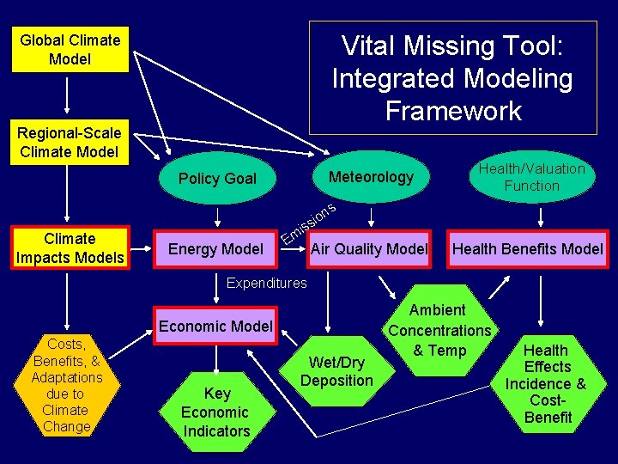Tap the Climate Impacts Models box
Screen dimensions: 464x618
pyautogui.click(x=70, y=247)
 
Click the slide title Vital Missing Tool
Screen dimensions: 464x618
pyautogui.click(x=452, y=77)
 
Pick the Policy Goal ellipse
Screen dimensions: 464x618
pyautogui.click(x=217, y=179)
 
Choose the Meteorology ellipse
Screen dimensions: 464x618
pyautogui.click(x=371, y=177)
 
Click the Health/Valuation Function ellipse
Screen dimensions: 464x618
pyautogui.click(x=531, y=177)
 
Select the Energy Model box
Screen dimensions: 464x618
pyautogui.click(x=215, y=249)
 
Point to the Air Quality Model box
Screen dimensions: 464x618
pyautogui.click(x=369, y=249)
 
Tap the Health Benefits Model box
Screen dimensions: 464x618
pyautogui.click(x=528, y=249)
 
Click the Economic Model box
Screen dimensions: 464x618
pyautogui.click(x=215, y=326)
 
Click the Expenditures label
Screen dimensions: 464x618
pyautogui.click(x=266, y=283)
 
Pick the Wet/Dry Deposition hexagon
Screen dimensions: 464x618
pyautogui.click(x=336, y=371)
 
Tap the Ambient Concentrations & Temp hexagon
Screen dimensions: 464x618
pyautogui.click(x=439, y=330)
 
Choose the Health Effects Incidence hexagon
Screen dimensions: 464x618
pyautogui.click(x=546, y=383)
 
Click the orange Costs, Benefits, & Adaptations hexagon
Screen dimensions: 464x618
pyautogui.click(x=66, y=385)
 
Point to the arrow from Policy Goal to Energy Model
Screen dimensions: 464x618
pyautogui.click(x=216, y=215)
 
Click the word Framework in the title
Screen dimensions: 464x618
pyautogui.click(x=453, y=111)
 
